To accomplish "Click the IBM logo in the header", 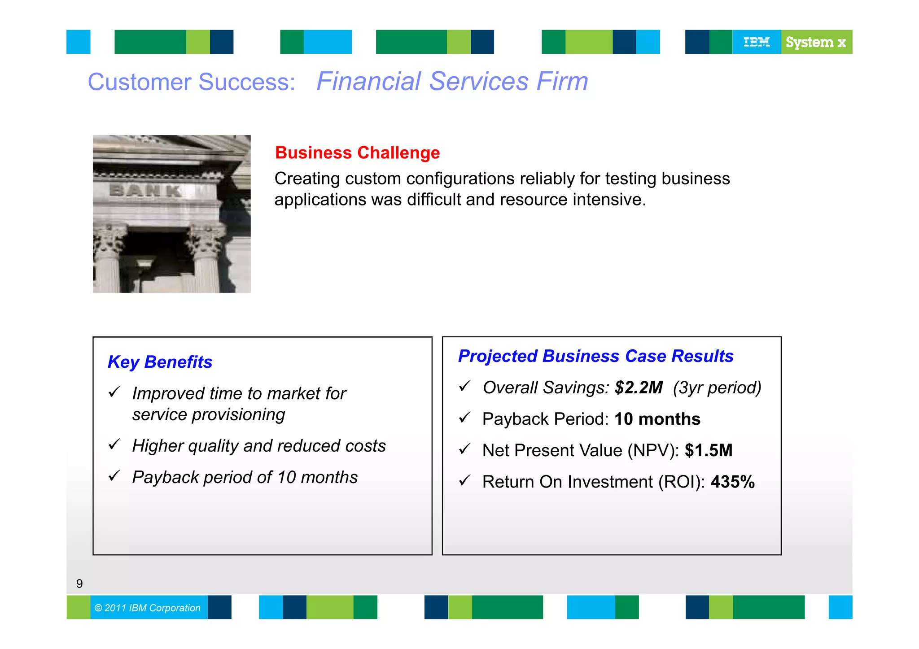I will (757, 42).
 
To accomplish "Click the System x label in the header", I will (816, 42).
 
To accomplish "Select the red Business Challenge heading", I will (357, 153).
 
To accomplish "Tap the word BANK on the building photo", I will (145, 191).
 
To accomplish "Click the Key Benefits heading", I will (160, 362).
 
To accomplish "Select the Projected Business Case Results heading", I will (595, 356).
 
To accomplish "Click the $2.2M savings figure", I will (638, 388).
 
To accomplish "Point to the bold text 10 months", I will (657, 419).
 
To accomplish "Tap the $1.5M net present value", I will (708, 450).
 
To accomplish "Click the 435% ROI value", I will (732, 482).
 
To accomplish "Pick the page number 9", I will (79, 584).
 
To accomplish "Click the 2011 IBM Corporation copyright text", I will (148, 608).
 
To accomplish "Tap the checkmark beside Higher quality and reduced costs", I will (114, 444).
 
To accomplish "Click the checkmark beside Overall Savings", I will (465, 386).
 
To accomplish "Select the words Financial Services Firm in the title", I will (452, 82).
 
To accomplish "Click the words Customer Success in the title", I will (191, 82).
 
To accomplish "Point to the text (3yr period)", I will (717, 388).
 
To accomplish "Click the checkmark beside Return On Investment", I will (465, 480).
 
